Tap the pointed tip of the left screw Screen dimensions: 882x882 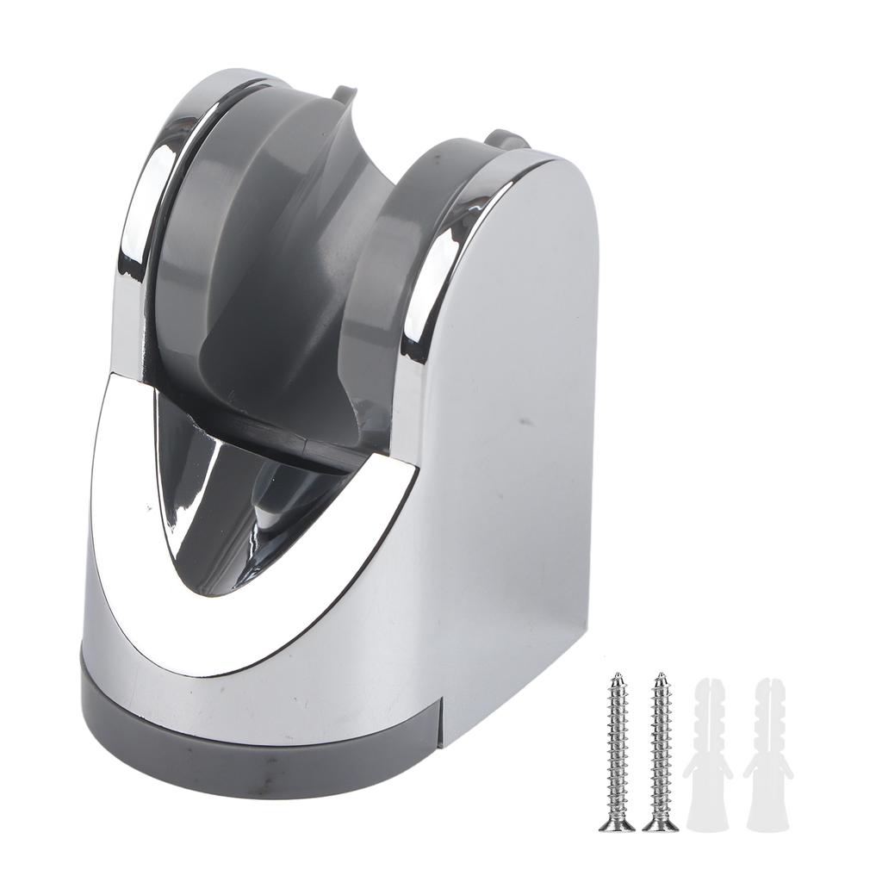pos(617,676)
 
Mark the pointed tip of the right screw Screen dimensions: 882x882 pos(660,676)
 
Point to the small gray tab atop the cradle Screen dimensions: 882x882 pos(343,92)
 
